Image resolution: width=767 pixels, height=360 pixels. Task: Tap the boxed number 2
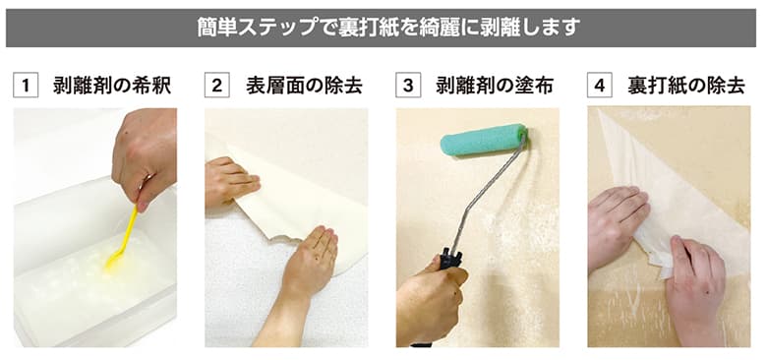pos(216,86)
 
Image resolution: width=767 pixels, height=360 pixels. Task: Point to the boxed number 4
pos(599,86)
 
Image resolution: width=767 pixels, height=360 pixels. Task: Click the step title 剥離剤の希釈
pos(111,86)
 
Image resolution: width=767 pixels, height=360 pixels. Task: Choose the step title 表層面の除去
pos(304,86)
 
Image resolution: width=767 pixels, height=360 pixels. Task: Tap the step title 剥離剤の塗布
pos(495,86)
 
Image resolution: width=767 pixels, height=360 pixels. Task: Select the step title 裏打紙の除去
pos(686,86)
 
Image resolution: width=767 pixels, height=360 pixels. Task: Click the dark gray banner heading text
pos(383,27)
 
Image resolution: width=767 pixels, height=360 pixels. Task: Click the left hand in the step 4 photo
pos(615,226)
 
